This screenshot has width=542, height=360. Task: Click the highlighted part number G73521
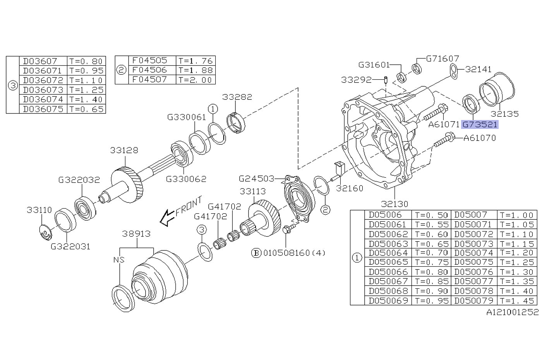(480, 125)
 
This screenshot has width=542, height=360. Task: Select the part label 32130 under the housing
(394, 204)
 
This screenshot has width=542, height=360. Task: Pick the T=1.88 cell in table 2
(196, 70)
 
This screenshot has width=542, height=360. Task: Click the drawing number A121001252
(512, 312)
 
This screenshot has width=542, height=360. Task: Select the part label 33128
(124, 150)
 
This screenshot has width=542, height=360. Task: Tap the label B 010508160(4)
(289, 253)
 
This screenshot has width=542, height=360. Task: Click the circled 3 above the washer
(201, 230)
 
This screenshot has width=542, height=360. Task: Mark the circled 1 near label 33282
(213, 109)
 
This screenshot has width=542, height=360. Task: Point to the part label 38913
(136, 234)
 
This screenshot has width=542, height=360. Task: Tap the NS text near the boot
(119, 260)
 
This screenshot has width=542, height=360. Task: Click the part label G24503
(256, 178)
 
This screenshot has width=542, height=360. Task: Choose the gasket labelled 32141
(453, 70)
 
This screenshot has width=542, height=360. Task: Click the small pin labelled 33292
(386, 80)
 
